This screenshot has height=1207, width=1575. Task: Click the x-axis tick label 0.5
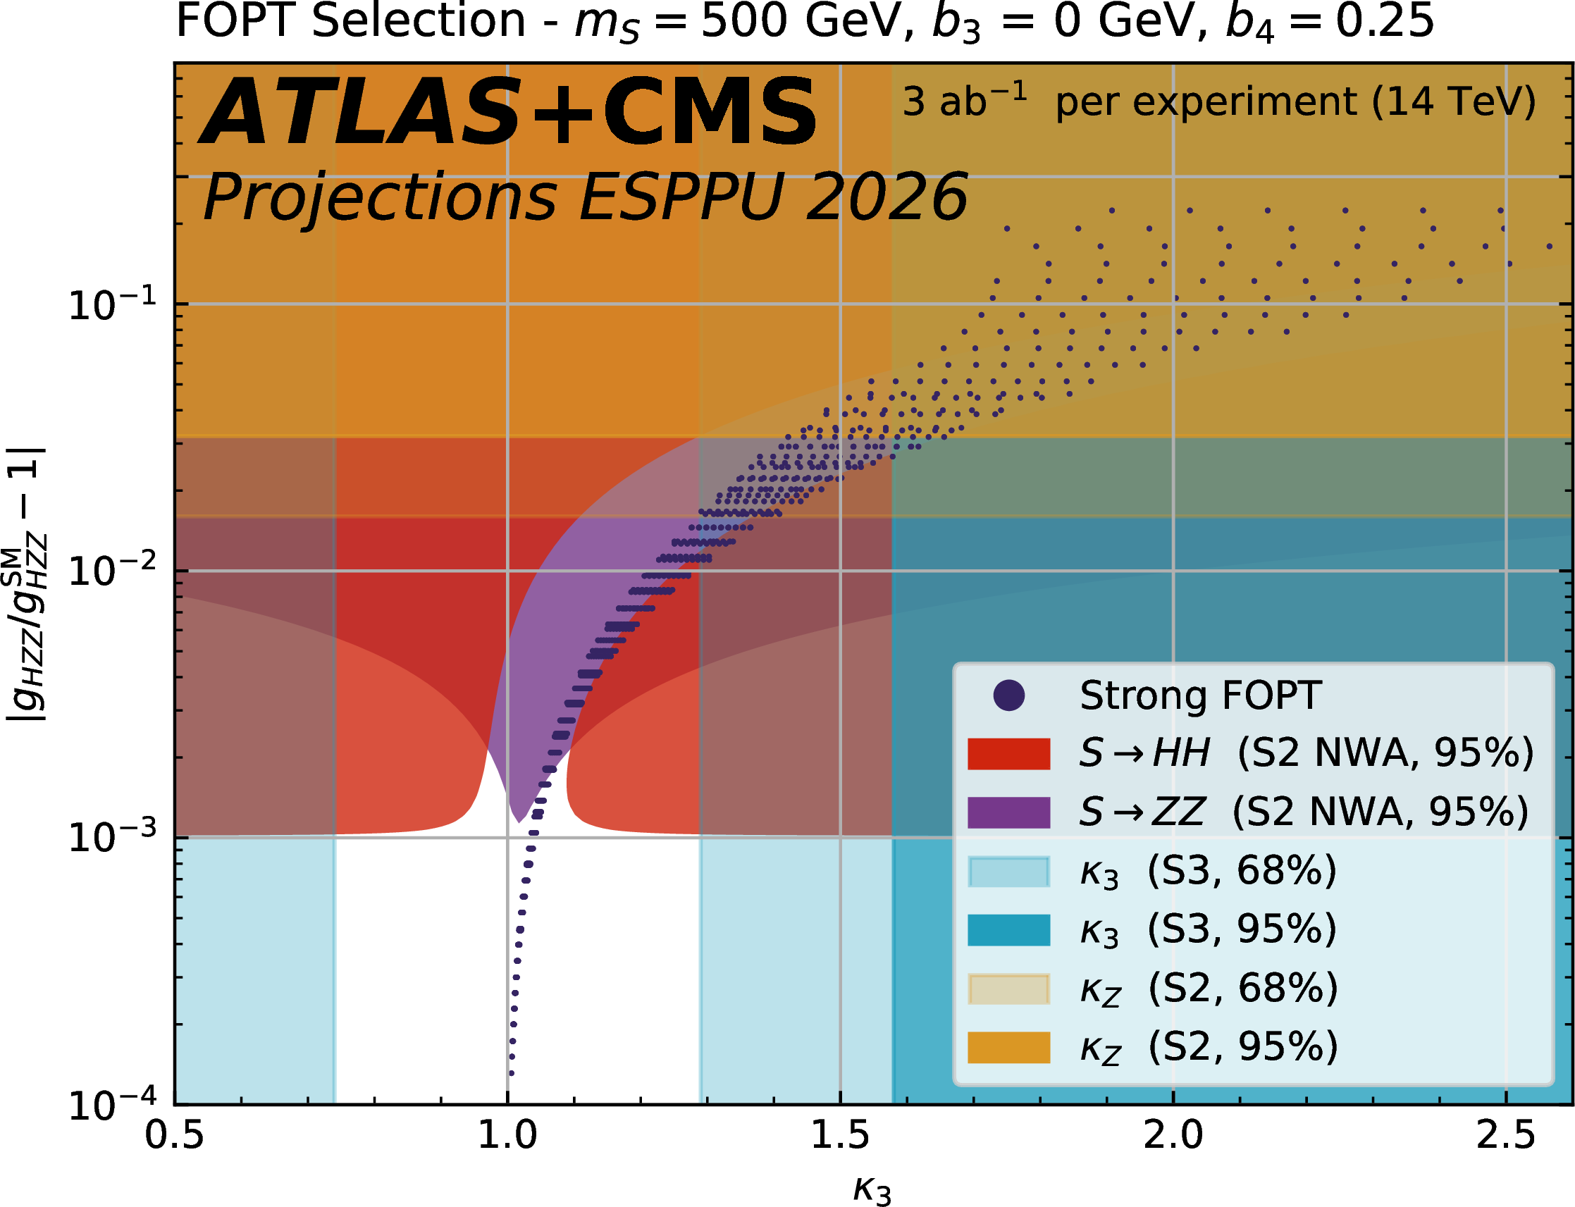point(175,1136)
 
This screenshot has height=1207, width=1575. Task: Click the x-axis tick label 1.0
point(507,1136)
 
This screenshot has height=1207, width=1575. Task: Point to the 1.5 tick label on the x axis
point(840,1136)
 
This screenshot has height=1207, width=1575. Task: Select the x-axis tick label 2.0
point(1173,1136)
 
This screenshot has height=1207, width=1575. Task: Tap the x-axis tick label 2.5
point(1505,1136)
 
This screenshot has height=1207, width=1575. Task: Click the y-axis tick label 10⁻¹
point(112,304)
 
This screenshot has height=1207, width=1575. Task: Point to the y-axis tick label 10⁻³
point(112,838)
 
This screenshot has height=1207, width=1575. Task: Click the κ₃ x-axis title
point(872,1189)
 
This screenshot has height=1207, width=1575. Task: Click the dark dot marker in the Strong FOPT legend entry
point(1009,695)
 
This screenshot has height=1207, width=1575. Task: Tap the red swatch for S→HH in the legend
point(1009,754)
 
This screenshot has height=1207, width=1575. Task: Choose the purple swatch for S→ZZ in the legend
point(1009,812)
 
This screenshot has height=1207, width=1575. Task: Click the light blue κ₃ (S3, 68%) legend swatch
point(1009,872)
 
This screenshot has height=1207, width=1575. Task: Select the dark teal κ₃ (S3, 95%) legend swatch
point(1009,929)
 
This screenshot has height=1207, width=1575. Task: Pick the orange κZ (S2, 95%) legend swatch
point(1009,1047)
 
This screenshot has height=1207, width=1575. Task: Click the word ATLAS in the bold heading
point(359,113)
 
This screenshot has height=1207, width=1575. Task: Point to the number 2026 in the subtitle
point(887,197)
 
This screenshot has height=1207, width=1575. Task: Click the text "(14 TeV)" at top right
point(1453,102)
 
